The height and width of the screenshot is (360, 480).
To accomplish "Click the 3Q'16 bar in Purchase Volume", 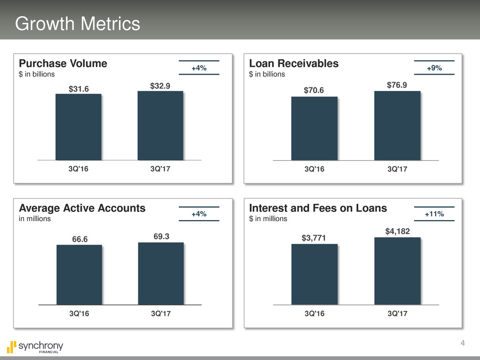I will click(78, 127).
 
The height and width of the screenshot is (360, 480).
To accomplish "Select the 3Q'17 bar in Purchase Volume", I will click(160, 126).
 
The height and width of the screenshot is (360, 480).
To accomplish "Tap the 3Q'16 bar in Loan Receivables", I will click(314, 128).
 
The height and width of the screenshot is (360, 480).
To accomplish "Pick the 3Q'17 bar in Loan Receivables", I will click(397, 126).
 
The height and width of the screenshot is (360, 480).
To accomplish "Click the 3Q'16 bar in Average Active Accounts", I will click(79, 275).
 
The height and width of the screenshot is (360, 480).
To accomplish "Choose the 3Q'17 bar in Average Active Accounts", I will click(161, 273).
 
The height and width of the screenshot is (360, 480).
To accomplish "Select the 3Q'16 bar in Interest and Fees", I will click(314, 274).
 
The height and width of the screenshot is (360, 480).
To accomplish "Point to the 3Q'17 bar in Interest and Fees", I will click(397, 271).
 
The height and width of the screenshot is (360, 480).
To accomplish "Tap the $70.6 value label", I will click(314, 90).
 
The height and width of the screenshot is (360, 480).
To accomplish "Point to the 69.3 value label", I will click(161, 237).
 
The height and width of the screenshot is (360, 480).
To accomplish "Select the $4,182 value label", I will click(397, 232).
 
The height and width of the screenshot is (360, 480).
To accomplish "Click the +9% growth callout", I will click(435, 68).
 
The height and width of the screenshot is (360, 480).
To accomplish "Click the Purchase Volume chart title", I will click(63, 63).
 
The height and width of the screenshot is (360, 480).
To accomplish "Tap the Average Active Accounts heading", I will click(82, 208).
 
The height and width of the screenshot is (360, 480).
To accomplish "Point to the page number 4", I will click(463, 343).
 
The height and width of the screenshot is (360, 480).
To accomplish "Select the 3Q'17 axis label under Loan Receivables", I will click(397, 169).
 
